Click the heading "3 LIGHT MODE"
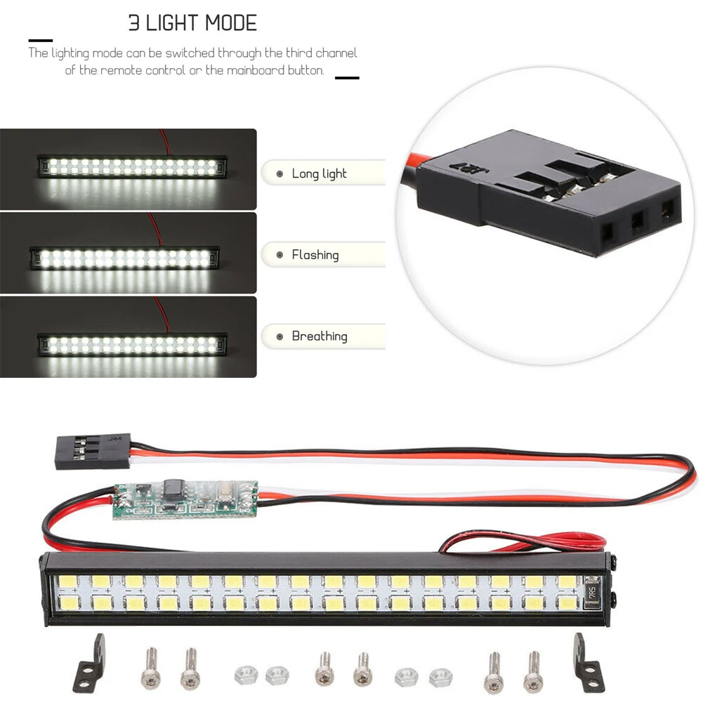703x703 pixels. pyautogui.click(x=192, y=22)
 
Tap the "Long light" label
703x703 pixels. pyautogui.click(x=319, y=173)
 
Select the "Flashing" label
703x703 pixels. pyautogui.click(x=315, y=255)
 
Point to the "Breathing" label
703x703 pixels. pyautogui.click(x=319, y=336)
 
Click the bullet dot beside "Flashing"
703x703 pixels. pyautogui.click(x=280, y=256)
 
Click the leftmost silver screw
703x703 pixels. pyautogui.click(x=150, y=671)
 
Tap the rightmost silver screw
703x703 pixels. pyautogui.click(x=533, y=671)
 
